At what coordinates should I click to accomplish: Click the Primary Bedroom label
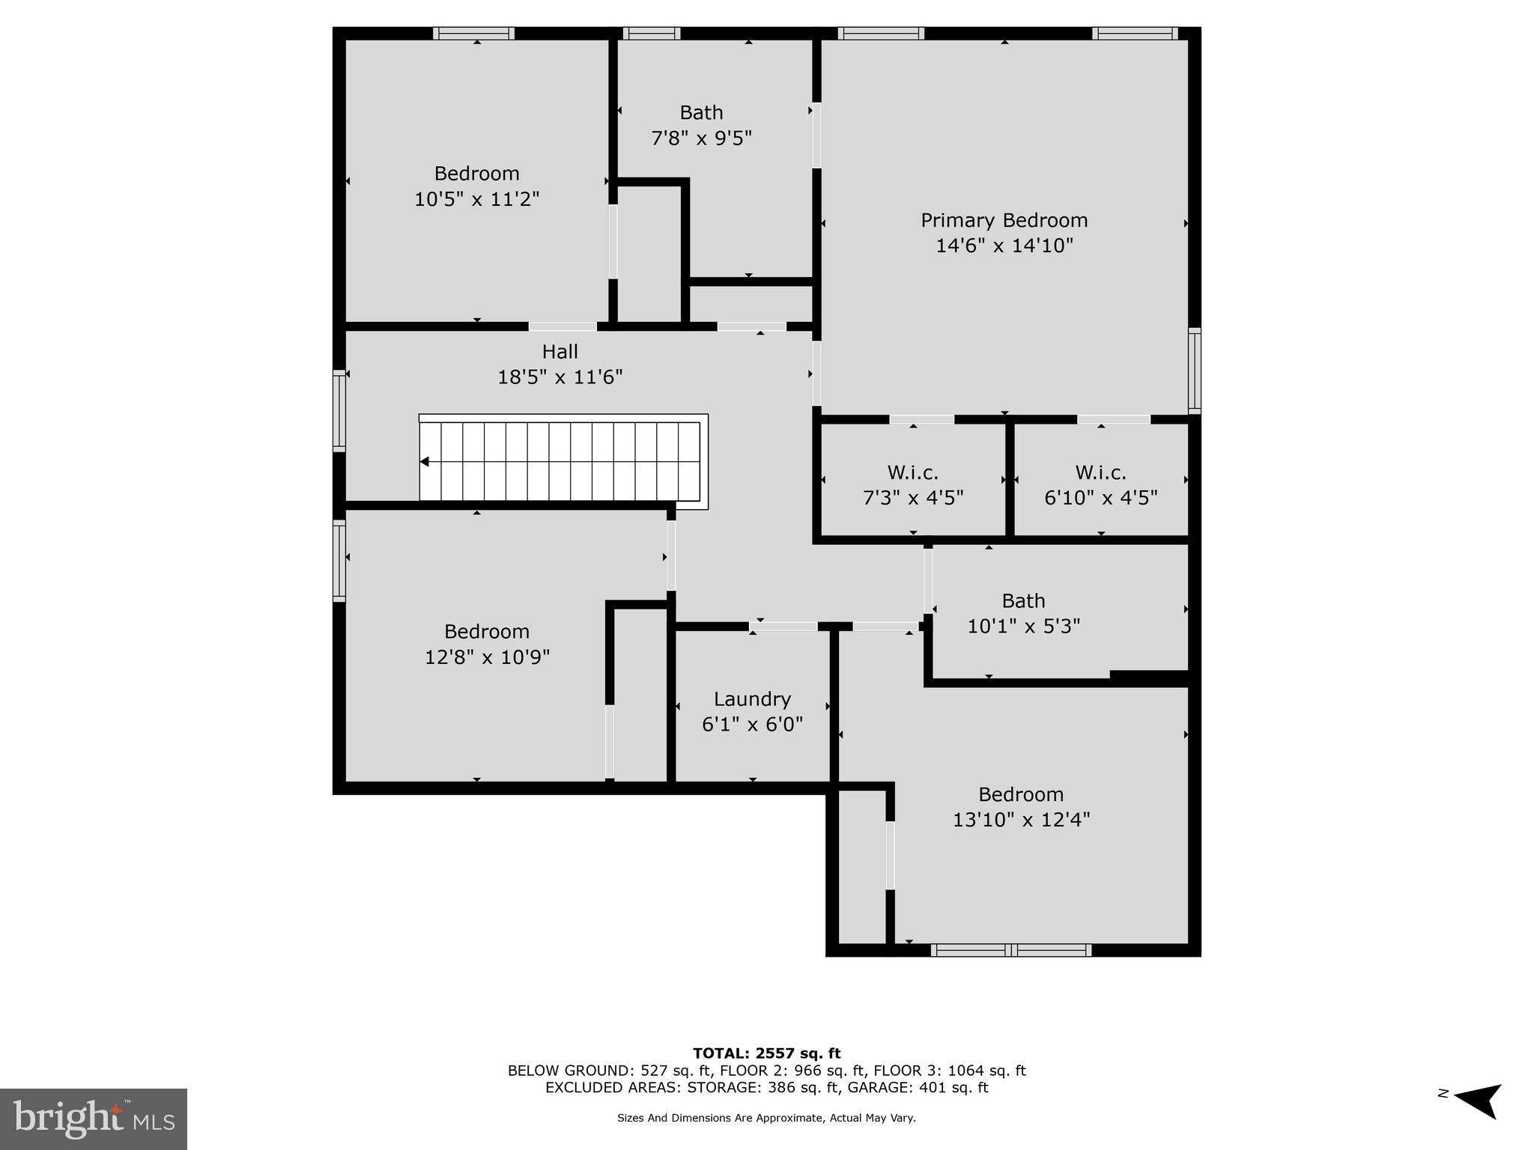(1004, 220)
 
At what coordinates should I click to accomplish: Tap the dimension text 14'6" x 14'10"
(1004, 246)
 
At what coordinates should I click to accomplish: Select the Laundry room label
(752, 699)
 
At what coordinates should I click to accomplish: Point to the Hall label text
(560, 351)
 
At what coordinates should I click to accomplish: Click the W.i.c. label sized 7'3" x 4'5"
(912, 472)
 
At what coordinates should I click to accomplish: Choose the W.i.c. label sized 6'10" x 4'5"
(1100, 472)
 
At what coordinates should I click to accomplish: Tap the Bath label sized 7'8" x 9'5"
(701, 112)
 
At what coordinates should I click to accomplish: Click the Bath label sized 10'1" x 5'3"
(1023, 600)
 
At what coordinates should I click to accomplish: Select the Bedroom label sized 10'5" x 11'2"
(476, 173)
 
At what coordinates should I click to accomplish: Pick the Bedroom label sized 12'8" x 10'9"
(486, 631)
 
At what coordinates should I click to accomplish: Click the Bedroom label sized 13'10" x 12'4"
(1020, 794)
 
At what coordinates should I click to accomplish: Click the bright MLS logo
(94, 1119)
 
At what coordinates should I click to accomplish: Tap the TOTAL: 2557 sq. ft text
(766, 1053)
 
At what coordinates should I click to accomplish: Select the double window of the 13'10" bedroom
(1011, 950)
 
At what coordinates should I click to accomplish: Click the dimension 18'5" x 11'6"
(560, 377)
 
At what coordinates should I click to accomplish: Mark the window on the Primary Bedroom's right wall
(1195, 371)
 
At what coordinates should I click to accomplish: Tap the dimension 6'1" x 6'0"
(752, 725)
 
